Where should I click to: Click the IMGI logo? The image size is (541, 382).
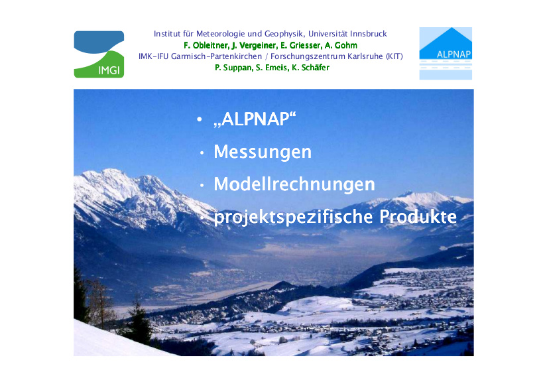99,54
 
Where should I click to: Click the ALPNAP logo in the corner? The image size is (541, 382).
445,53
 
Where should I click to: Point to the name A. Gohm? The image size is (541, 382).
340,45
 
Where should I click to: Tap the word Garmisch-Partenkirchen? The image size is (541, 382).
204,56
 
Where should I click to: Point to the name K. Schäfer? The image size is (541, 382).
312,68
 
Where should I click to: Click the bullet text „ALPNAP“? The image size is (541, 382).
255,120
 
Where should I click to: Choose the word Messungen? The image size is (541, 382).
263,152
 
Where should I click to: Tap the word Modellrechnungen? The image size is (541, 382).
294,184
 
